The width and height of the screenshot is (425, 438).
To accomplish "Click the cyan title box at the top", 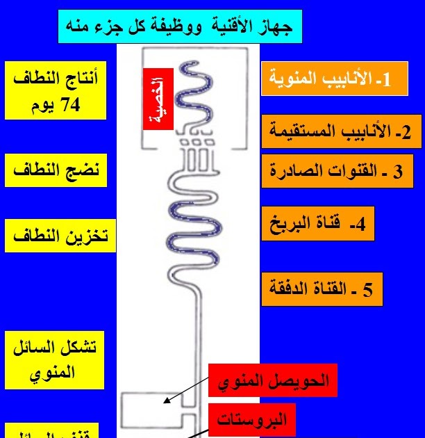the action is coord(180,27).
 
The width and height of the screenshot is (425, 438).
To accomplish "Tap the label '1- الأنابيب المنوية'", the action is coord(334,79).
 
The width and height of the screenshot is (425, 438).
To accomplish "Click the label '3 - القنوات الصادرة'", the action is coord(335,171).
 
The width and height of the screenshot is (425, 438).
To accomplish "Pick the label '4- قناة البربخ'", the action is coord(319,224).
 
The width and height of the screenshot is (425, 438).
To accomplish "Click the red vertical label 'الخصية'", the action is coord(158,99).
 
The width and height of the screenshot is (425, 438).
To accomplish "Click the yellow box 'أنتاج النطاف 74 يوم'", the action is coord(56,90).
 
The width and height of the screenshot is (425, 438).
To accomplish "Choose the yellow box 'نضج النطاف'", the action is coord(56,170).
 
